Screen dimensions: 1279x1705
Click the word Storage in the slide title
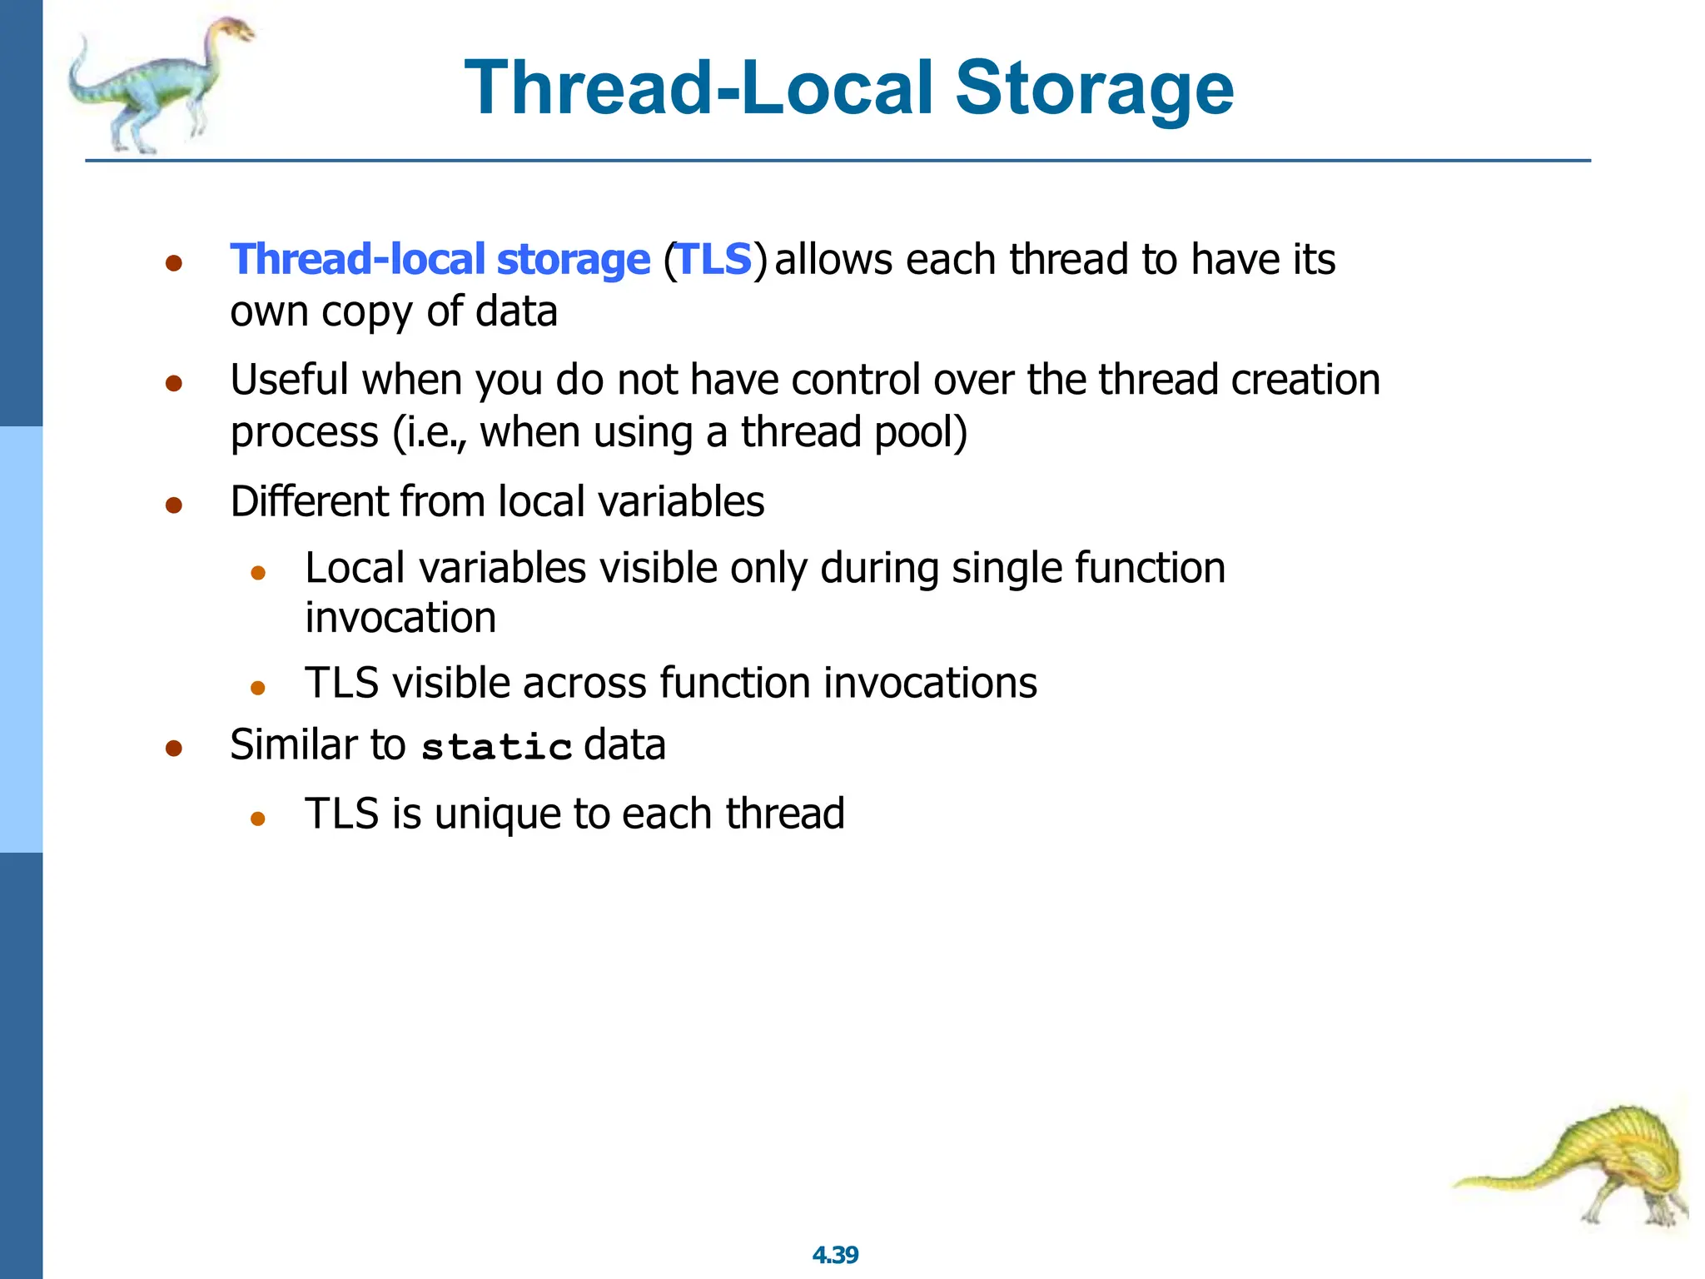[1094, 89]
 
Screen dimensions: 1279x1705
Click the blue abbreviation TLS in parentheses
[714, 259]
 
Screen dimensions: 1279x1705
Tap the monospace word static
[496, 747]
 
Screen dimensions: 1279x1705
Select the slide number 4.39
[835, 1255]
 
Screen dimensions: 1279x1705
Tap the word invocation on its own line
[400, 619]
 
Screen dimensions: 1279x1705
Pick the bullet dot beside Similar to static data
[174, 748]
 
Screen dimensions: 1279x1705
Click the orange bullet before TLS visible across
[258, 688]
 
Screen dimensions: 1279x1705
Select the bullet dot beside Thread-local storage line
[174, 264]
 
